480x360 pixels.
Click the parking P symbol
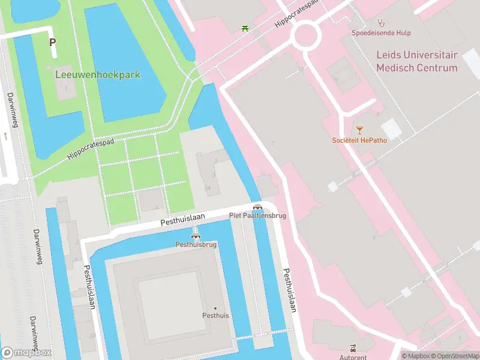click(x=53, y=42)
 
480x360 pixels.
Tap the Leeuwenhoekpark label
click(x=97, y=75)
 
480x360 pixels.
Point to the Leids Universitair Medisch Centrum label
click(x=416, y=61)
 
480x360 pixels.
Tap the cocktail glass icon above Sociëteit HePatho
click(x=359, y=130)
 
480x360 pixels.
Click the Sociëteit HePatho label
click(x=359, y=140)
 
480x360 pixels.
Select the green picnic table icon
click(x=245, y=28)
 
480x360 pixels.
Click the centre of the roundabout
click(x=306, y=36)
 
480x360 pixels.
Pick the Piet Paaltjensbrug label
click(x=257, y=215)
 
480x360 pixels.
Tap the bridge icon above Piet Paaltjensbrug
click(x=257, y=206)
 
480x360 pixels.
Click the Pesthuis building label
click(x=215, y=316)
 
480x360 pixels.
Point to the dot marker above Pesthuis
click(x=215, y=308)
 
